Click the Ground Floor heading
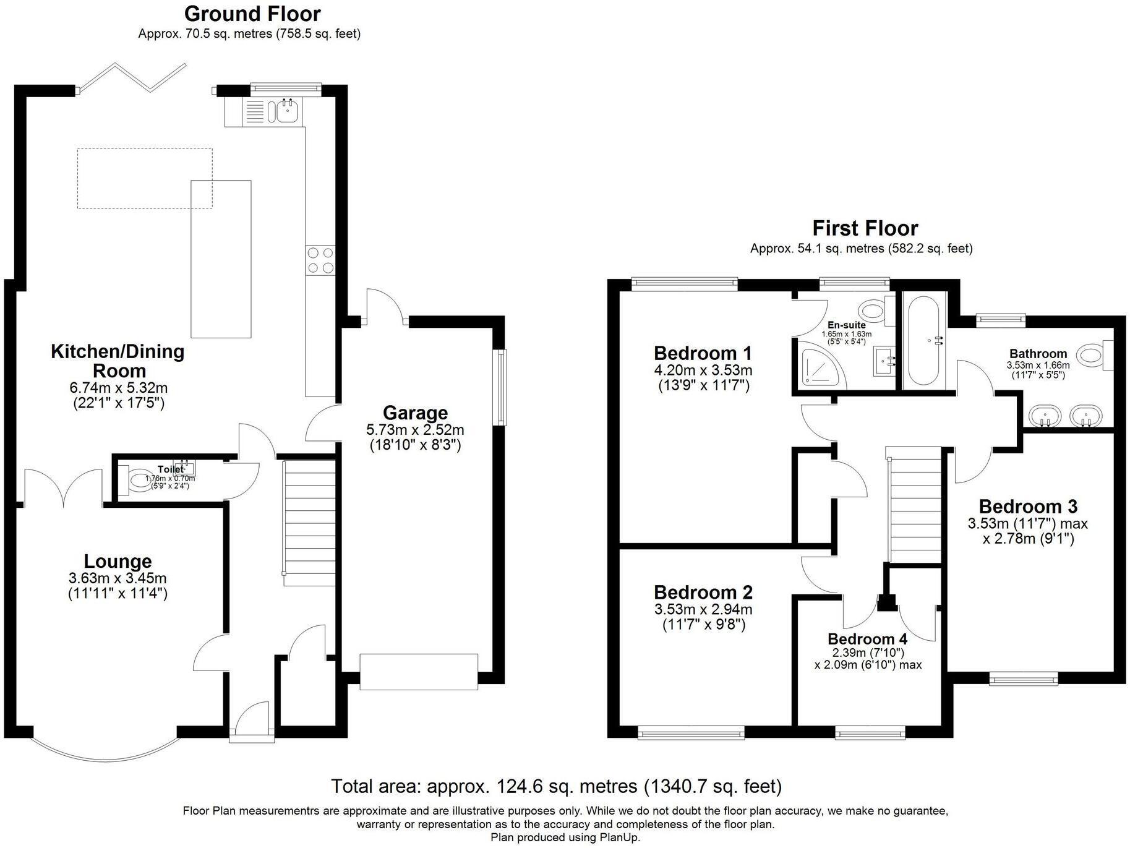coord(252,14)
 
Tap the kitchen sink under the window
coord(287,111)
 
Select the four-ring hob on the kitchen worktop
coord(320,260)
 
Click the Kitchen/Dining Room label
coord(118,361)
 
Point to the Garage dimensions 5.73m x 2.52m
coord(415,430)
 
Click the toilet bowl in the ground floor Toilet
coord(137,480)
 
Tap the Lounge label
coord(118,561)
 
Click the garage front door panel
coord(419,671)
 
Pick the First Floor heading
coord(865,228)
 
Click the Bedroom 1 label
coord(703,353)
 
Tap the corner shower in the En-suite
coord(818,369)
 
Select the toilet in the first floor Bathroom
coord(1093,355)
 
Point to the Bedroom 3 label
coord(1028,507)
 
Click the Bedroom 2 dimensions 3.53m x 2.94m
coord(703,609)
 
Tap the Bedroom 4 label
coord(868,639)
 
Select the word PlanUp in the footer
coord(620,837)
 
